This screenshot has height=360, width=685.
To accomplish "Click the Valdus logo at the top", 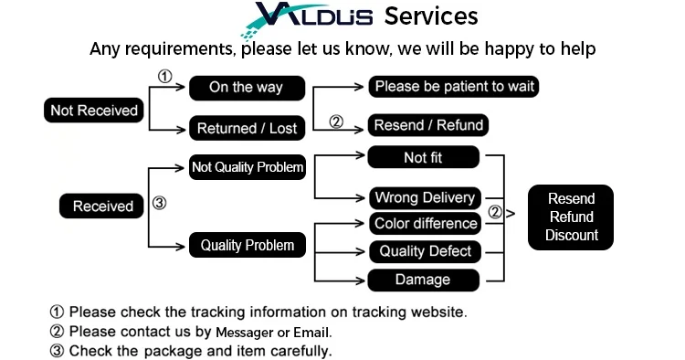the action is point(307,18).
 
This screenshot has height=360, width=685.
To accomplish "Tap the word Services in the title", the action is point(431,16).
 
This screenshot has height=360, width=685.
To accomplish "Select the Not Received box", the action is point(94,110).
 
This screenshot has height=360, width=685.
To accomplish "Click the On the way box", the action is point(247,88).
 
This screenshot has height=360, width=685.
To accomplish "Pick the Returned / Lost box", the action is point(247,128).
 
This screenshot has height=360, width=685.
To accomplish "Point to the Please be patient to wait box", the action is point(454,86).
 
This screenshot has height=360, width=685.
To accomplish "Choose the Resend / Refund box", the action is point(428,125).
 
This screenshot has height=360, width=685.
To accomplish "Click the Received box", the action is point(101,206).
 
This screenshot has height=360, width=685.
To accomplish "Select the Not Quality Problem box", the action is point(248,167).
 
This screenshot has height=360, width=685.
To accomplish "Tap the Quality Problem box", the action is point(248,245).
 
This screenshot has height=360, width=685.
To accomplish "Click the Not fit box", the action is point(423,157).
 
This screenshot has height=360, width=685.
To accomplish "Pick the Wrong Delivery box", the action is point(425,198).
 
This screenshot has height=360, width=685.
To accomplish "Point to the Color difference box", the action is point(425,224).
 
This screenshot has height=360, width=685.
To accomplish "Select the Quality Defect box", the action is point(425,251).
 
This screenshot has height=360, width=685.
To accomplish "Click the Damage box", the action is point(423,280).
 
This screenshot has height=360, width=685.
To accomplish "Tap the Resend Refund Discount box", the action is point(571,217).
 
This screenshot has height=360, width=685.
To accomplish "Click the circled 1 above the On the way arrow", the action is point(164,77).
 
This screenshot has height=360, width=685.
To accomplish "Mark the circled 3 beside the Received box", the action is point(159,203).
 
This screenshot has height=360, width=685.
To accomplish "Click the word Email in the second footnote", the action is point(311,333).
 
